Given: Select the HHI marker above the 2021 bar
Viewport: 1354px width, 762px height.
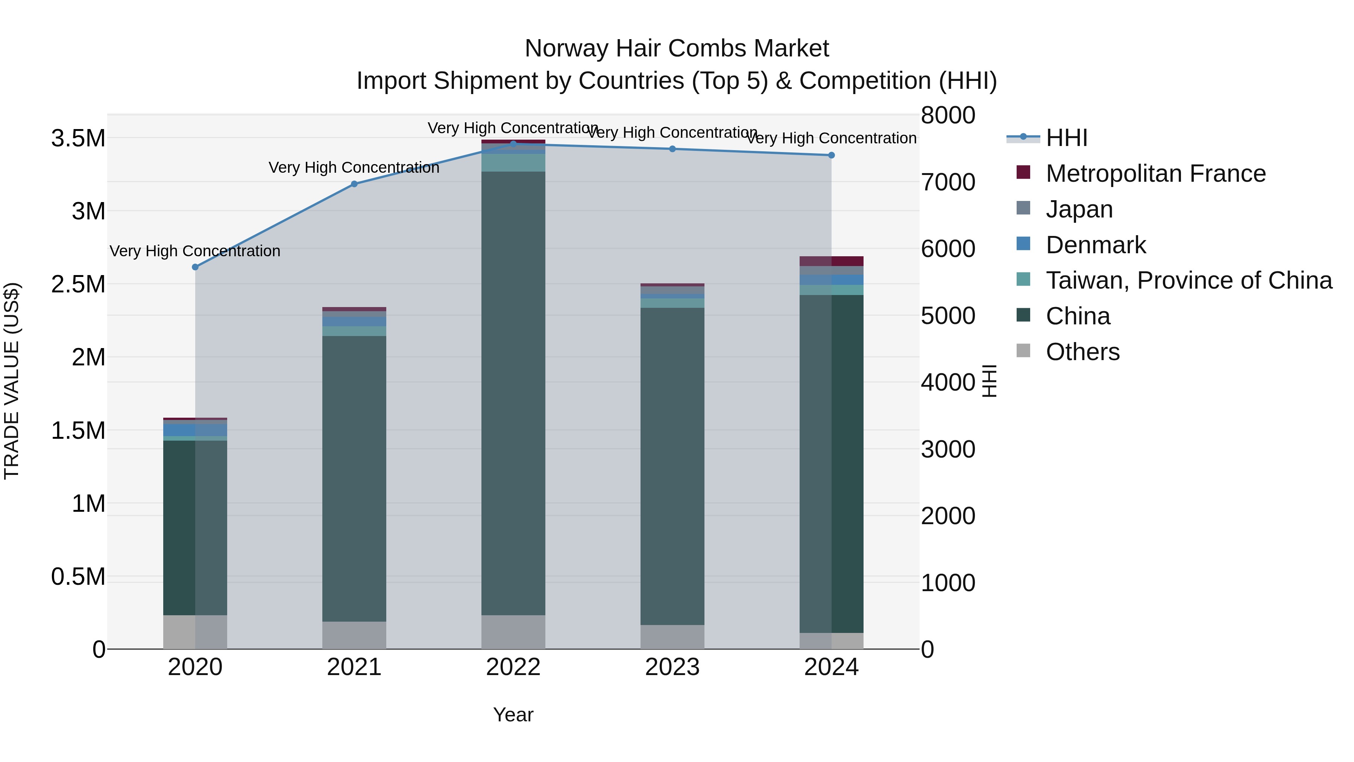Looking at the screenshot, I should point(354,184).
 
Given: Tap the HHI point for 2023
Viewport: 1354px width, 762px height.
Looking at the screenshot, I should point(672,149).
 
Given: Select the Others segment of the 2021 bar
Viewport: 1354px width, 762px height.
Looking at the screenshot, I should point(354,635).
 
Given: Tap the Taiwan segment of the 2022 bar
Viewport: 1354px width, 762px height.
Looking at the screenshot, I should point(513,163).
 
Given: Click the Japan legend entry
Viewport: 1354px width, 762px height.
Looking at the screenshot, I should point(1079,209).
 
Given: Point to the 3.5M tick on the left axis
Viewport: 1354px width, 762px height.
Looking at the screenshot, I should point(78,138).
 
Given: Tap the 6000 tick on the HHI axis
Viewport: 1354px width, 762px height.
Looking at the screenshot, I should point(948,249).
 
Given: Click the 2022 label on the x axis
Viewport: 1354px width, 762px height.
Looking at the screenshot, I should point(513,667).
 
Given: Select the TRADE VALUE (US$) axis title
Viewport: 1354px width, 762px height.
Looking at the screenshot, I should point(12,381).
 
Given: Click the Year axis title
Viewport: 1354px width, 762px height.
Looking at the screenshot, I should point(513,715).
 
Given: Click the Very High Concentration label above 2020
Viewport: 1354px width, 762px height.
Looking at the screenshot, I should point(195,251).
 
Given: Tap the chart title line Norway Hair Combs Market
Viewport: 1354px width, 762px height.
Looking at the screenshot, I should point(677,49).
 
